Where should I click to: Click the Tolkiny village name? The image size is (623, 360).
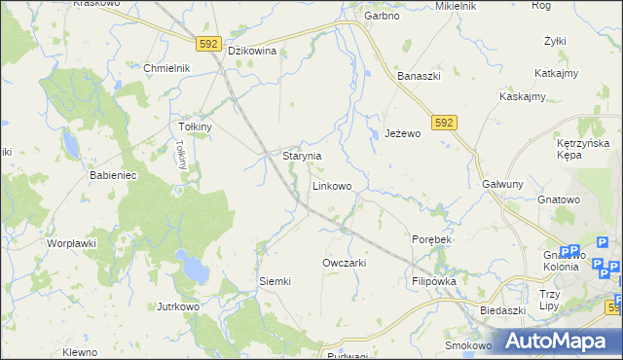196,127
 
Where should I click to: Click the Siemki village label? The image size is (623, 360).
275,281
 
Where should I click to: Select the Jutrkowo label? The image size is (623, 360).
178,306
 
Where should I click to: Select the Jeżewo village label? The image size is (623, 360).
402,133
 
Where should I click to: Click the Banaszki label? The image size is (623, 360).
420,75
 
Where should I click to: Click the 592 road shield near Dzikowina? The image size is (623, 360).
207,44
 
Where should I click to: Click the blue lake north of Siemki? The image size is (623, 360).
192,263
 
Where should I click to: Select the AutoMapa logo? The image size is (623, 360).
560,341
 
